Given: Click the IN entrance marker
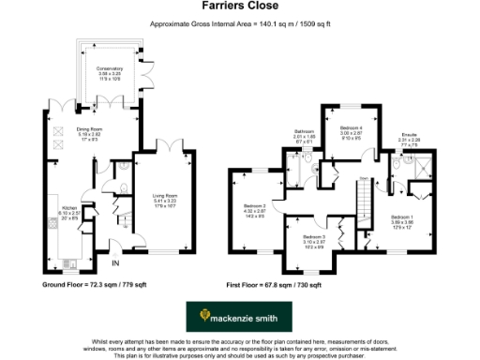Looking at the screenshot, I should pyautogui.click(x=113, y=247).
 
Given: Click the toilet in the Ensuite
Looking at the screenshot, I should pyautogui.click(x=397, y=161).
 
